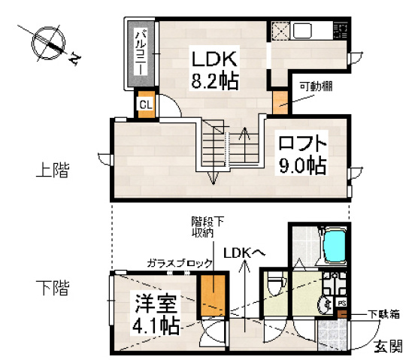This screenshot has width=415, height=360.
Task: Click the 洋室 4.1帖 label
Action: click(x=156, y=316)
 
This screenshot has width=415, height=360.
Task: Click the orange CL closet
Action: click(x=145, y=104)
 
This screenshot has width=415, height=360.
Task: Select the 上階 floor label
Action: click(x=52, y=171)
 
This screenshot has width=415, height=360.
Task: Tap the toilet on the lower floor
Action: click(x=275, y=285)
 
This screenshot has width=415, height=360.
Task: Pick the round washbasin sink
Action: click(x=326, y=305)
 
